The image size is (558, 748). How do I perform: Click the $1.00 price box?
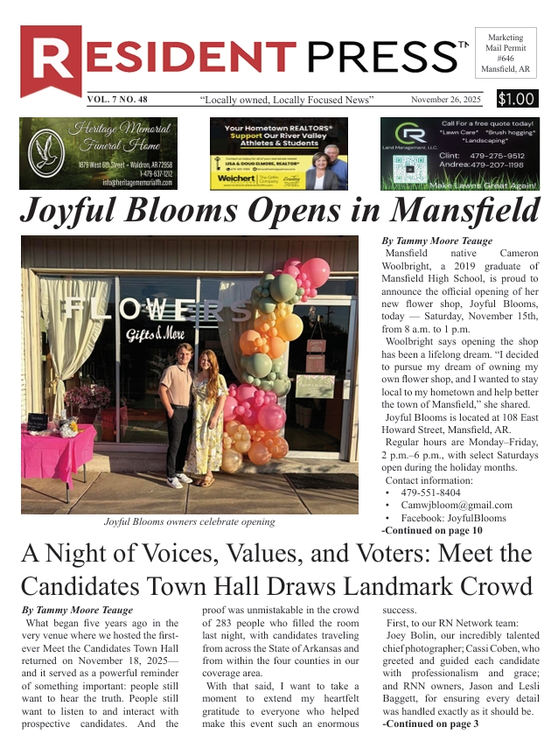(517, 99)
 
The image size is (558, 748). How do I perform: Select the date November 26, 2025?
(446, 100)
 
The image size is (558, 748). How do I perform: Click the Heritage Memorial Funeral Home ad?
(98, 153)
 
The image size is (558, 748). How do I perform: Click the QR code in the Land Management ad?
(403, 168)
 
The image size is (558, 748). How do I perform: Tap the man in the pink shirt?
(178, 411)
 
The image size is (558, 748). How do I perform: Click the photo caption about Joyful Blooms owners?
(189, 522)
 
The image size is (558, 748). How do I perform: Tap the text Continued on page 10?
(432, 530)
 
